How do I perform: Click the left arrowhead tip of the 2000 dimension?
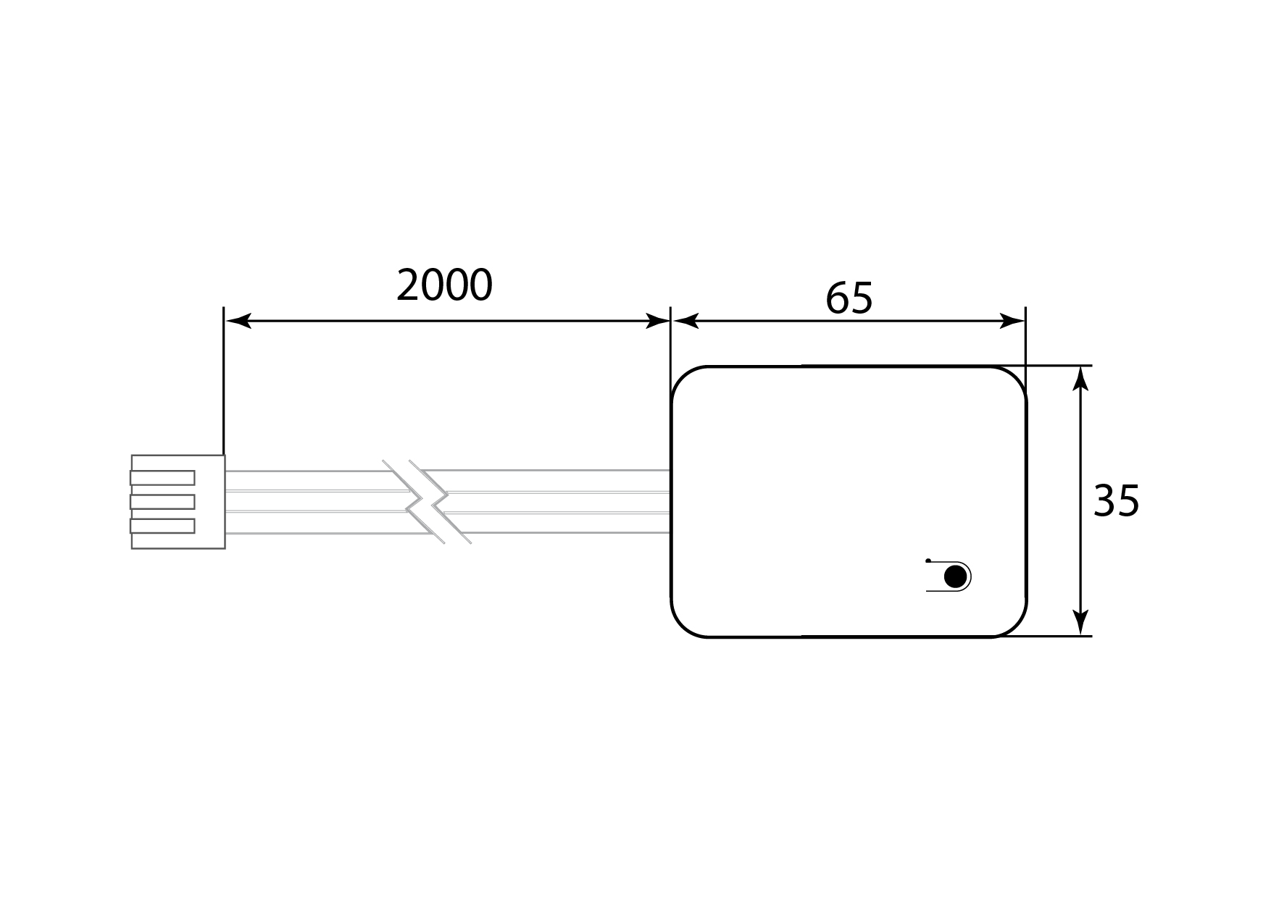[225, 321]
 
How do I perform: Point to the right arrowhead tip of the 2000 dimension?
[670, 321]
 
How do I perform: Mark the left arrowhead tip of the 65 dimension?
[673, 321]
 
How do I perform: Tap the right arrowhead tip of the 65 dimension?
[1025, 321]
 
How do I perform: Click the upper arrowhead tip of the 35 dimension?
[1080, 366]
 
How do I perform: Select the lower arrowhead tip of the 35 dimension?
[1080, 636]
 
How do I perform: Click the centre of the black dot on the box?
[956, 577]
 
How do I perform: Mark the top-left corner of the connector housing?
[132, 456]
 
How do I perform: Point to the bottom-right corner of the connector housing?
[225, 548]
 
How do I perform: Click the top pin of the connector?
[162, 478]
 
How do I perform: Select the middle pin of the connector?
[162, 502]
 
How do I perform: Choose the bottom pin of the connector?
[162, 526]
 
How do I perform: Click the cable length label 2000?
[445, 285]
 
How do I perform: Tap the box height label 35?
[1116, 500]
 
